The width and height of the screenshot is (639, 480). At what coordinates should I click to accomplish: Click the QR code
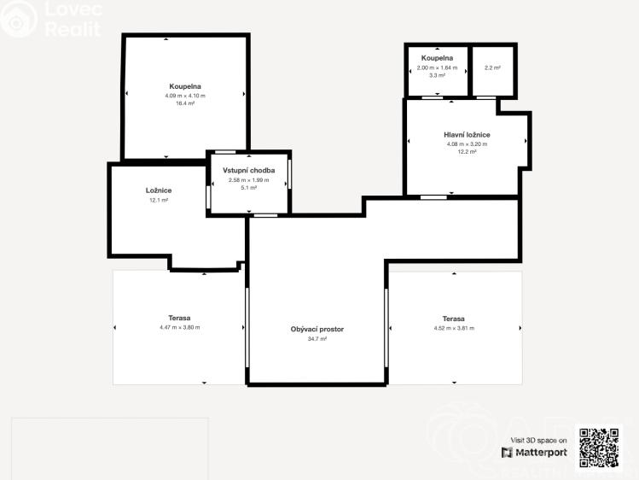600,447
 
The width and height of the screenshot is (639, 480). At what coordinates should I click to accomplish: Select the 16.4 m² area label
185,103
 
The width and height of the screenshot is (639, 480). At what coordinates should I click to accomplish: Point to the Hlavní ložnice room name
467,135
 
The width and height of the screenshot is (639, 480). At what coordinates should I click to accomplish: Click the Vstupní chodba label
249,171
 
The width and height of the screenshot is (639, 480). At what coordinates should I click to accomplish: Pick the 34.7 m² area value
317,338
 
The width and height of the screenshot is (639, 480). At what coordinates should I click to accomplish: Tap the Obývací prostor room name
317,329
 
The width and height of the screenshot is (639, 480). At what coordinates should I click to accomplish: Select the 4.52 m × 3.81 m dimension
454,327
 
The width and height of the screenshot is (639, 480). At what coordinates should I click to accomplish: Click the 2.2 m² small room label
492,67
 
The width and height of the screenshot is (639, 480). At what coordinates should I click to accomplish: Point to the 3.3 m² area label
437,75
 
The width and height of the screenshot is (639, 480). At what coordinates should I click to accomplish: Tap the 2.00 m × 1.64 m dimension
437,67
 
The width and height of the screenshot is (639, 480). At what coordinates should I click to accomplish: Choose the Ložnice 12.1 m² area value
158,200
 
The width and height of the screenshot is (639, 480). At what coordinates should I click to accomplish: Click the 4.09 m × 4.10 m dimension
185,96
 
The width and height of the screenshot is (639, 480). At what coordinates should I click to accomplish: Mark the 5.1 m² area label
249,187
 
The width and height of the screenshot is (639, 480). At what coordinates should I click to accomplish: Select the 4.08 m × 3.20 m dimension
467,143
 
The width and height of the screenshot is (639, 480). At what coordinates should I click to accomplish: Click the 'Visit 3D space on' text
537,440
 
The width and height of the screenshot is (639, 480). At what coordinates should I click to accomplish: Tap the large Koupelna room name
185,86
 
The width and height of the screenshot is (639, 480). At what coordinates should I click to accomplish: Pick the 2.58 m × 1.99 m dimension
249,179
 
